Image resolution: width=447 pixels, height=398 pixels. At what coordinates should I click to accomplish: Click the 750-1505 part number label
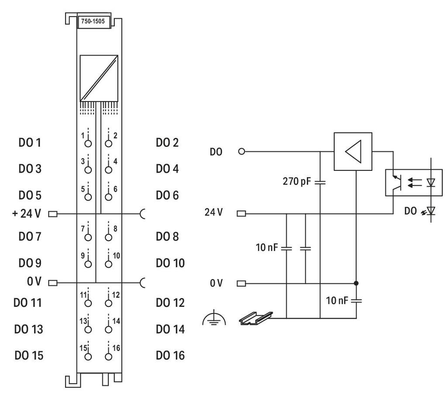tap(93, 21)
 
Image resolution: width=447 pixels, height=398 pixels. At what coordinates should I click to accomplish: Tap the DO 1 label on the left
tap(30, 143)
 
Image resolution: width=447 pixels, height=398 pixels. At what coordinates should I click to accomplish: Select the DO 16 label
tap(170, 355)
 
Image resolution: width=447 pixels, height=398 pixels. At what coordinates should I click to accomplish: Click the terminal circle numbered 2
tap(108, 143)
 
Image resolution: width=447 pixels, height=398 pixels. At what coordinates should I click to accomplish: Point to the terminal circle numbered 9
tap(88, 264)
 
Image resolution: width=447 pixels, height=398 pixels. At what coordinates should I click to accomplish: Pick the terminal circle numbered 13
tap(88, 330)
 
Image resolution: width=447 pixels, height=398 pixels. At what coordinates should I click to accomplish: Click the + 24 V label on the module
tap(27, 213)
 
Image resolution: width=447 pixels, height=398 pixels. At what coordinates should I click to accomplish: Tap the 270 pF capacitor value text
tap(297, 181)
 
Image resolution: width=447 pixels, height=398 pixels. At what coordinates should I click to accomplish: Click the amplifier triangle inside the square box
tap(353, 151)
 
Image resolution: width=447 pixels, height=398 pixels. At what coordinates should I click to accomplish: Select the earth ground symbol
tap(214, 319)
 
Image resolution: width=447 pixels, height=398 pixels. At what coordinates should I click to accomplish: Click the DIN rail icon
tap(256, 318)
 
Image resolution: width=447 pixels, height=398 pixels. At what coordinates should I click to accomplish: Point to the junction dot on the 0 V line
tap(356, 283)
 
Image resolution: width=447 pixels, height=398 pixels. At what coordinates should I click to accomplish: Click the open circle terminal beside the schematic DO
tap(241, 151)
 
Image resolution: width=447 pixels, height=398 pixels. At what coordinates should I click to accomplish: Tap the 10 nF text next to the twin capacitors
tap(267, 248)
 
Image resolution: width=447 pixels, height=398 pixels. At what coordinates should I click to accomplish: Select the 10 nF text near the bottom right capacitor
tap(337, 300)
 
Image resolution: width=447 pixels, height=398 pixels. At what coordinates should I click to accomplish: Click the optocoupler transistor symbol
tap(396, 183)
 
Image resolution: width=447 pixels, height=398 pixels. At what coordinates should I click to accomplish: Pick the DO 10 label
tap(170, 263)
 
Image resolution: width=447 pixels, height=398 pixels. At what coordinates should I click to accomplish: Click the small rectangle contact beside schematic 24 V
tap(241, 213)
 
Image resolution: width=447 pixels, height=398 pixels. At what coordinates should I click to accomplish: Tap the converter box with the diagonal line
tap(99, 78)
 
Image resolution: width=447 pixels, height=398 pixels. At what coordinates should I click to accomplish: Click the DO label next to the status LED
tap(410, 211)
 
